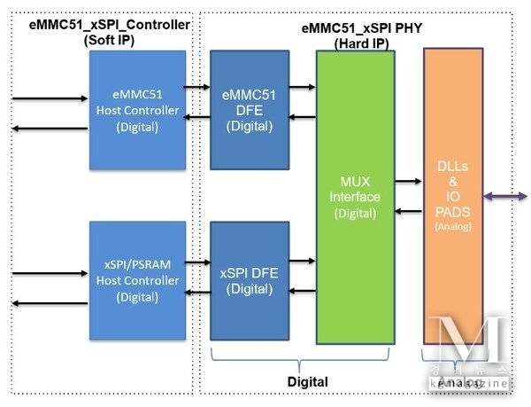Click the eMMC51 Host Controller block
[x=137, y=111]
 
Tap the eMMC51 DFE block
[x=250, y=111]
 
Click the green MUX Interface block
[x=356, y=197]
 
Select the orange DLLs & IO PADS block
[x=453, y=197]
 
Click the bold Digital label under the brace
[x=307, y=381]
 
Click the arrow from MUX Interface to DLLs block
[x=409, y=182]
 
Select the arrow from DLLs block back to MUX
[x=409, y=212]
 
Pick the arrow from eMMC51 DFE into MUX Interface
[x=303, y=87]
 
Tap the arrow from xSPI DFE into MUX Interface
[x=303, y=261]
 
